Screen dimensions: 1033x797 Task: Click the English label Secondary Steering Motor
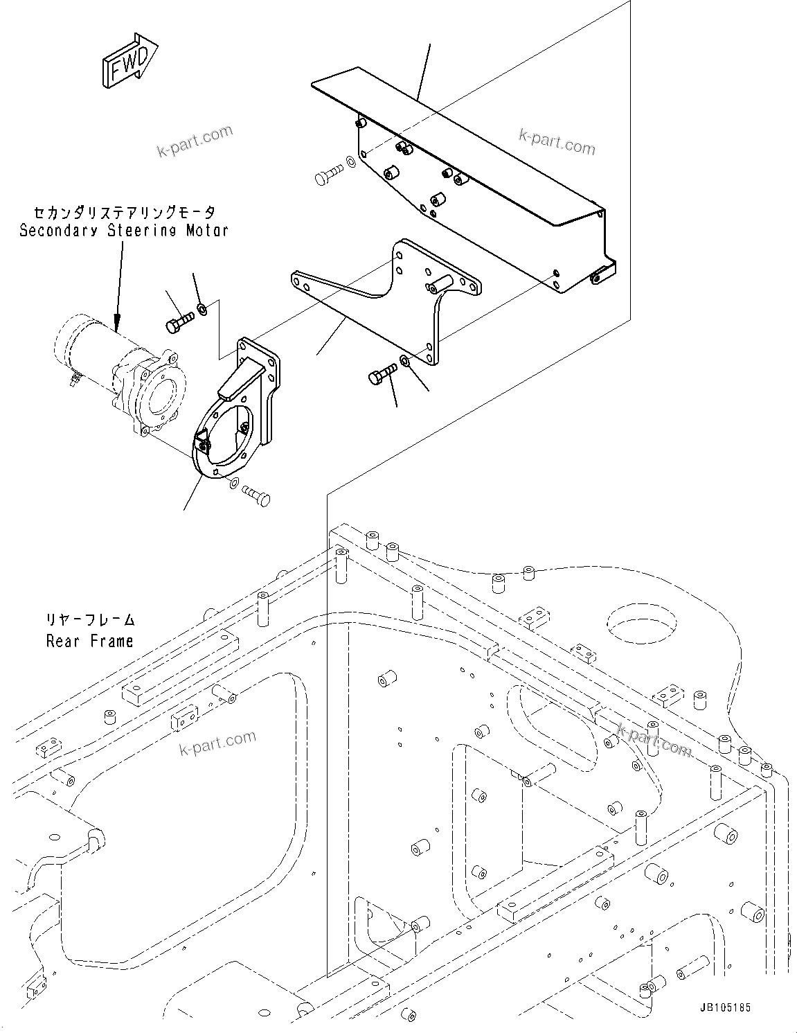click(123, 230)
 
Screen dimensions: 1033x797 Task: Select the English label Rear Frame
click(89, 641)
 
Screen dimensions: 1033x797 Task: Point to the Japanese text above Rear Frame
click(90, 619)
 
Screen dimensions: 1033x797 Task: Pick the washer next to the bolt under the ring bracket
click(233, 482)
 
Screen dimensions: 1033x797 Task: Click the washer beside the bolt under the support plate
click(404, 361)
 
